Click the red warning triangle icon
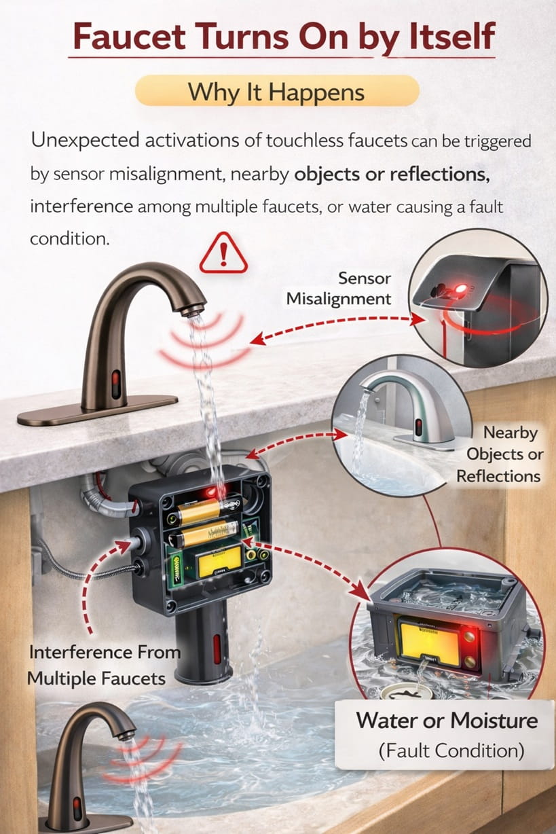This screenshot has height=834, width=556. click(x=223, y=253)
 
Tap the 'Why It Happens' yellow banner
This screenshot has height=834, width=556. click(x=277, y=91)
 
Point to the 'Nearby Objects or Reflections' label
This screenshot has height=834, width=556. click(x=500, y=454)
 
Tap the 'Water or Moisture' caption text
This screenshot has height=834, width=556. click(x=447, y=720)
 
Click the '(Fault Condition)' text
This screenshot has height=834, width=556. click(x=451, y=750)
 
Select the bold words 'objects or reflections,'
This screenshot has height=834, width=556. click(x=392, y=173)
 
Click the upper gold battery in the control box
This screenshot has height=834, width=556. click(x=198, y=510)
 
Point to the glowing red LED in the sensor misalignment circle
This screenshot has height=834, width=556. click(x=462, y=291)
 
